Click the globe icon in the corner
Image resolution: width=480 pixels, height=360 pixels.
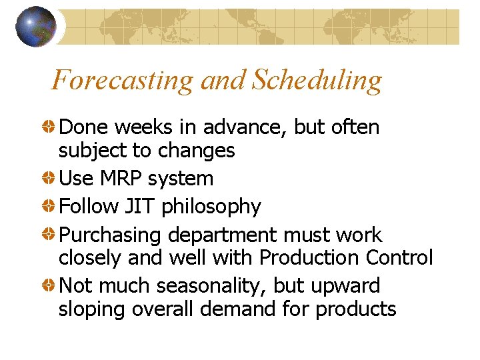(x=35, y=27)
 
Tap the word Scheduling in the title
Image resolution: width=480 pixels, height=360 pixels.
(x=317, y=81)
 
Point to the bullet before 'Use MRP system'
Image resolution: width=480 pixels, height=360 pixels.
(x=50, y=179)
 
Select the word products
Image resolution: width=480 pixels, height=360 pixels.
(x=356, y=310)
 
